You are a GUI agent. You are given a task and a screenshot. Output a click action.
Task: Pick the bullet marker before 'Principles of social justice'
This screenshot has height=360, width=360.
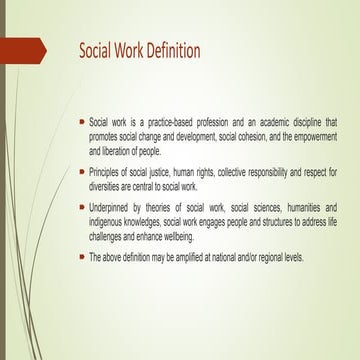click(81, 171)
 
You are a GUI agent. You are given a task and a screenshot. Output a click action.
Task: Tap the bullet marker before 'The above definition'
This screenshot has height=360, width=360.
click(81, 256)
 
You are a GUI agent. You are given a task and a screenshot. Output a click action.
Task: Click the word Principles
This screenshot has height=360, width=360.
click(108, 172)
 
